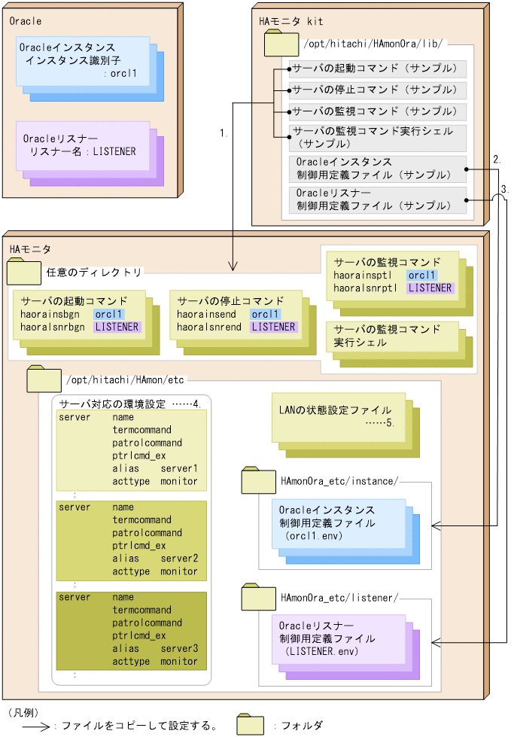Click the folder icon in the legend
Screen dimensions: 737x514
pos(250,725)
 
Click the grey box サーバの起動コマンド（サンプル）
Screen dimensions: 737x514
pos(378,69)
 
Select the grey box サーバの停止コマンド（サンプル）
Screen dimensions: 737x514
pos(378,90)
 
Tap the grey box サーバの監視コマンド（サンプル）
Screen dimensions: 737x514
pos(378,111)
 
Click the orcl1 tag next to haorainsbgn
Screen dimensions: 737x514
pos(109,314)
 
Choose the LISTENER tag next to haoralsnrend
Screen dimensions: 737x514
pos(273,327)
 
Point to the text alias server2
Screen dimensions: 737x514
pos(155,559)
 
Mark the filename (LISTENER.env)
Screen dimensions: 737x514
pos(317,650)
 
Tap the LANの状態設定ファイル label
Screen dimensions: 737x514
pos(335,410)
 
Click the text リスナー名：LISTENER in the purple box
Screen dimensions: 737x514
pos(82,151)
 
